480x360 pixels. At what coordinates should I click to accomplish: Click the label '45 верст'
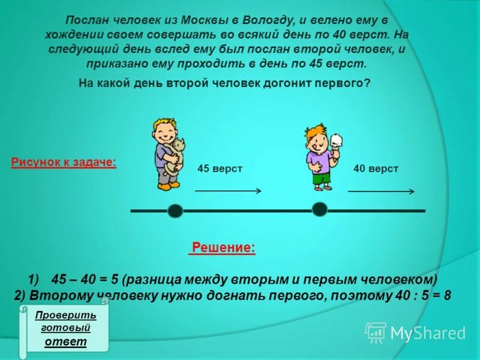pos(220,169)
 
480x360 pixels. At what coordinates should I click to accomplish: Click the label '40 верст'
pos(376,169)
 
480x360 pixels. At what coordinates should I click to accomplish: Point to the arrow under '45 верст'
pos(228,191)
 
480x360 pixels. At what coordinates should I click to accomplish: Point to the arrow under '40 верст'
pos(382,191)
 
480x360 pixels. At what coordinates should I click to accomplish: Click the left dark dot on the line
pos(175,211)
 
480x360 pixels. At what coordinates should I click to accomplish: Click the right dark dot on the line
pos(320,209)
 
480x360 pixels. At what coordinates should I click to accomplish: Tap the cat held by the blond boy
pos(175,155)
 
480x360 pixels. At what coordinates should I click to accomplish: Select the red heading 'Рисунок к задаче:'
pos(64,163)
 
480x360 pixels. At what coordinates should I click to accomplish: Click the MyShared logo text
pos(428,333)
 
